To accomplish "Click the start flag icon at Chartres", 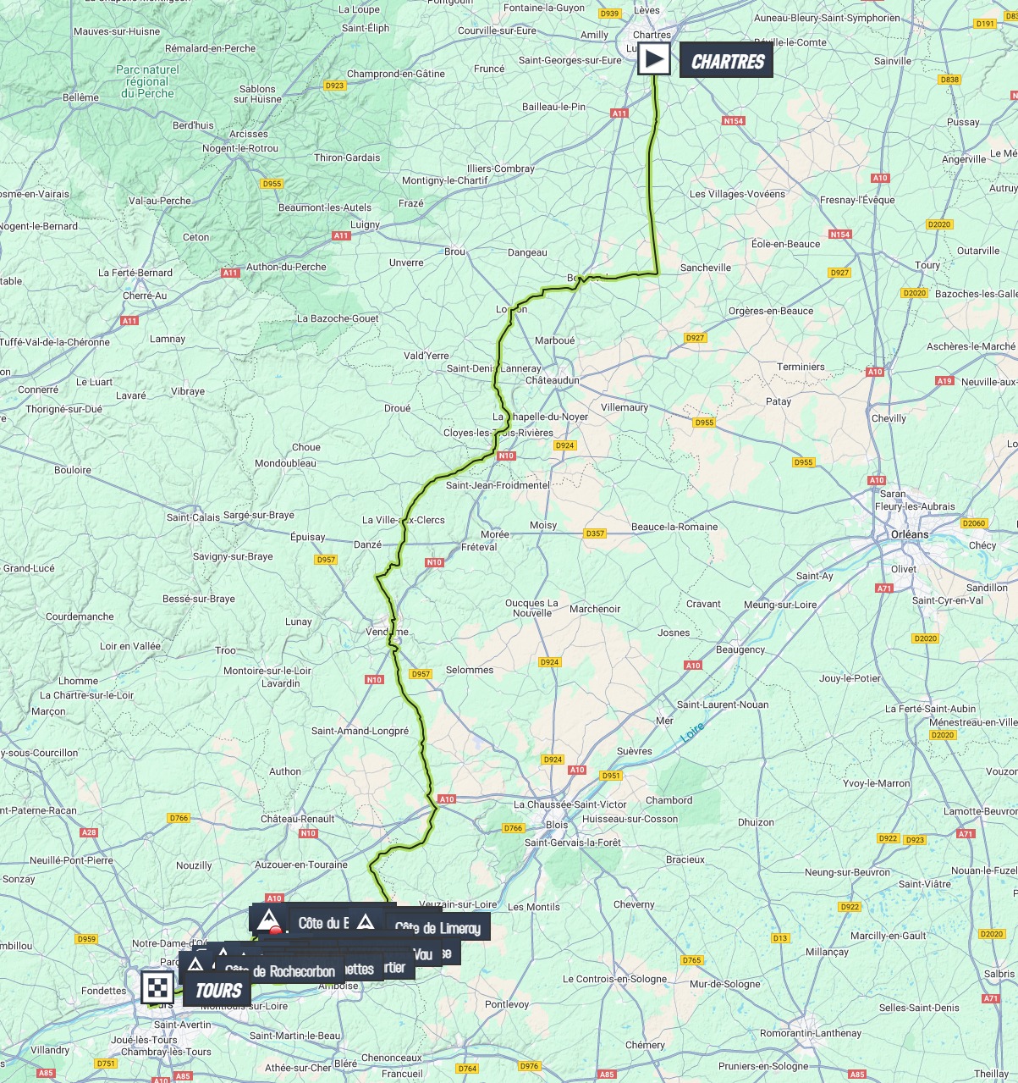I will [x=653, y=59].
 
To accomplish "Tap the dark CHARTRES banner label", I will [x=726, y=61].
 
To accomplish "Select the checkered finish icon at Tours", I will [x=157, y=987].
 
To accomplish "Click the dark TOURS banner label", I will [x=217, y=990].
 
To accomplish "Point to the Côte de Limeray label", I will [x=437, y=928].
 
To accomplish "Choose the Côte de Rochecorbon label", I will [x=279, y=971].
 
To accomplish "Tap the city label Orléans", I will [x=910, y=534].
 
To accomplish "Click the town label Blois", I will [x=557, y=825].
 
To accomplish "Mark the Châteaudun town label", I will [x=553, y=380].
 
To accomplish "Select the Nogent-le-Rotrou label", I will [x=239, y=148].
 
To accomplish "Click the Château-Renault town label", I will [x=297, y=819].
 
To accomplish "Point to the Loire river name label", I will [x=692, y=733].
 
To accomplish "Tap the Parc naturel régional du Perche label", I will [x=147, y=81].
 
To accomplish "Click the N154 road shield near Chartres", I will [x=733, y=121].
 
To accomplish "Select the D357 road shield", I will [x=595, y=533].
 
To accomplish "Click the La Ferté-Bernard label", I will [x=135, y=273].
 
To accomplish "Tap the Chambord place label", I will [x=669, y=800].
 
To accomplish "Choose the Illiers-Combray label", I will [x=502, y=169].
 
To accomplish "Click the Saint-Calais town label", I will [x=193, y=517].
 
